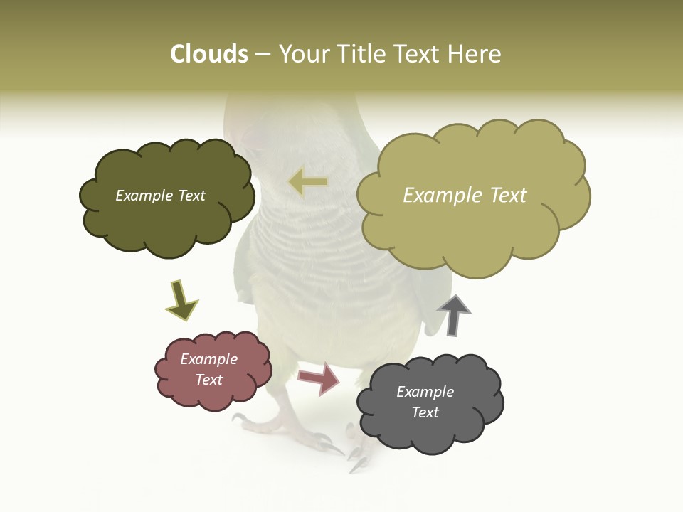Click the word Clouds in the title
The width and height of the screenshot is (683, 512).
(x=208, y=54)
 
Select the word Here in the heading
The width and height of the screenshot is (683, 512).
(x=477, y=54)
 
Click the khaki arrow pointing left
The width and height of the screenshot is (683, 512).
(x=309, y=182)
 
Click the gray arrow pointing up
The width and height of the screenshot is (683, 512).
(x=454, y=315)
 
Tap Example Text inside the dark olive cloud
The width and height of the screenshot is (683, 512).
(x=160, y=196)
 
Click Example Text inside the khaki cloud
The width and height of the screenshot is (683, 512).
(x=465, y=196)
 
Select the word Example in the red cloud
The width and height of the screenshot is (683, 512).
(x=208, y=359)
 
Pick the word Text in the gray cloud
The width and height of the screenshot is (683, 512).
(x=425, y=412)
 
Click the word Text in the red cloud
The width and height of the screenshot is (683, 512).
(x=209, y=380)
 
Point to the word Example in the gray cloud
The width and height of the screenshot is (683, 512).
(x=425, y=392)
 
